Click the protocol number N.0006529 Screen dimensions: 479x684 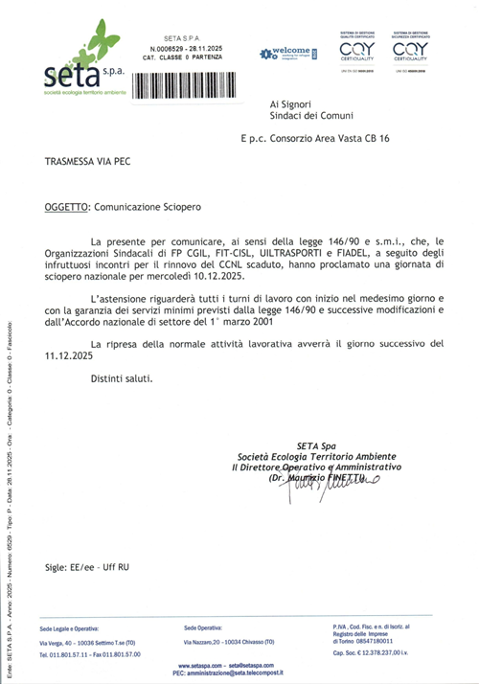170,49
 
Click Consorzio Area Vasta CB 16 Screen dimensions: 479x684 336,139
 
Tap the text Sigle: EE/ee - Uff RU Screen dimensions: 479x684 87,568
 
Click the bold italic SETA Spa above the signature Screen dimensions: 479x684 316,445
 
